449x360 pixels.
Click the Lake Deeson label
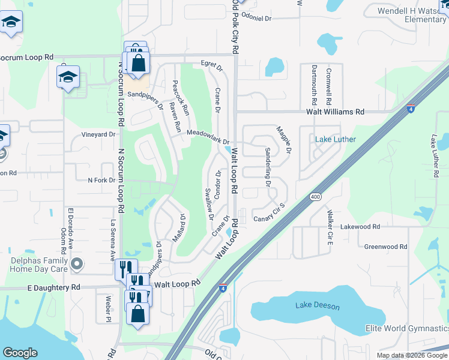tap(317, 306)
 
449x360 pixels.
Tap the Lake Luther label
tap(336, 140)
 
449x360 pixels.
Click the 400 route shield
tap(315, 197)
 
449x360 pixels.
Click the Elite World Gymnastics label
tap(407, 329)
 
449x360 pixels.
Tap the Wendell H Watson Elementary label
tap(411, 15)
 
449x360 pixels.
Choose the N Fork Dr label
tap(101, 180)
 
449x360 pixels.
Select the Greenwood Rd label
tap(385, 247)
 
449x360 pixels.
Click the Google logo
tap(20, 353)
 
